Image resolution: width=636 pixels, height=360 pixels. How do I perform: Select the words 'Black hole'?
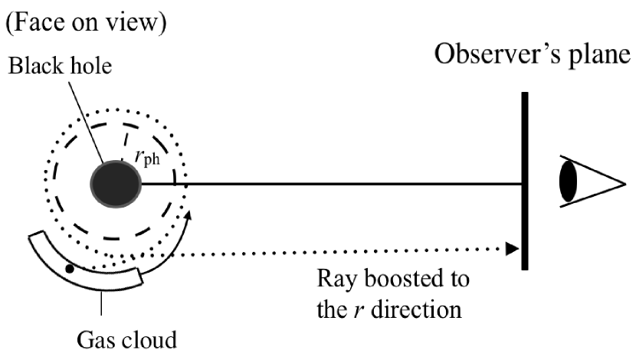pyautogui.click(x=61, y=67)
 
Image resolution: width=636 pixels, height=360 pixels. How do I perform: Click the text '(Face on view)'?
pyautogui.click(x=87, y=23)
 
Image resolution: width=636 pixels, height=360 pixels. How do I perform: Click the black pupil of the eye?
pyautogui.click(x=569, y=181)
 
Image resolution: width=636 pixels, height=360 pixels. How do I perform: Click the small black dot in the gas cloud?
pyautogui.click(x=70, y=269)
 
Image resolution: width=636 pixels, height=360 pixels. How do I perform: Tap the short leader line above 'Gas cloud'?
pyautogui.click(x=103, y=304)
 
